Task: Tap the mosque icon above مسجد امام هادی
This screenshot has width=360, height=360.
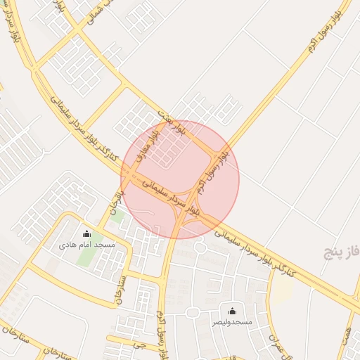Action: coord(87,234)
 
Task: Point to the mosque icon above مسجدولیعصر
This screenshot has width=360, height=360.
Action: coord(233,311)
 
